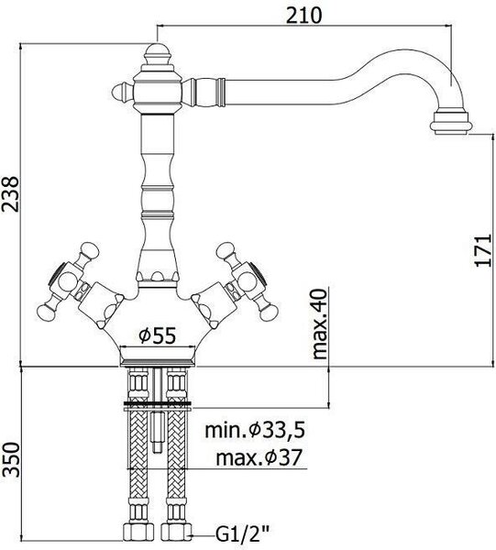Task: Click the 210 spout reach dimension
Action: click(x=303, y=16)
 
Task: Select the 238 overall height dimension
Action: click(x=10, y=194)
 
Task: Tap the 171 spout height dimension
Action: click(x=483, y=250)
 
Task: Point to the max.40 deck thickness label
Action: click(x=319, y=324)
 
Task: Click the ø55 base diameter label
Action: click(x=157, y=335)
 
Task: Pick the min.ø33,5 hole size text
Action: click(x=255, y=430)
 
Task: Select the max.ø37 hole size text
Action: click(x=259, y=457)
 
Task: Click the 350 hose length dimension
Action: click(x=10, y=459)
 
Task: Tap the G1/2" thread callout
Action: click(x=242, y=535)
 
